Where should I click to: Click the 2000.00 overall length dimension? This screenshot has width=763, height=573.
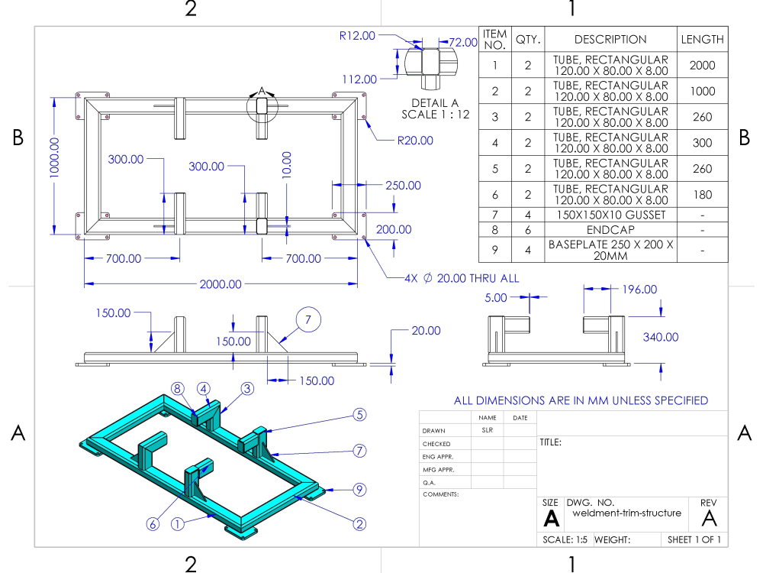[x=221, y=284]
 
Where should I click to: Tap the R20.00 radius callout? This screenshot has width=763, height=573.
[x=414, y=141]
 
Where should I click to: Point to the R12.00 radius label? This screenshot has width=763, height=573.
[x=358, y=35]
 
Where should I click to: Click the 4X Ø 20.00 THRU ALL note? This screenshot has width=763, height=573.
[x=462, y=278]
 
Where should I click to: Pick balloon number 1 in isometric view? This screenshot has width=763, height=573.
[x=177, y=524]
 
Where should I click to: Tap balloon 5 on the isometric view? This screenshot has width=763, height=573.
[x=359, y=415]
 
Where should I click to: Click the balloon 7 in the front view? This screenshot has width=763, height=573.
[x=309, y=321]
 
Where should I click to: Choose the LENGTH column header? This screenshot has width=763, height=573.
[x=703, y=39]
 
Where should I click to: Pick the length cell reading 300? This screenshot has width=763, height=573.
[x=703, y=143]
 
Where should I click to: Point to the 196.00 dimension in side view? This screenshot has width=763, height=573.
[x=639, y=289]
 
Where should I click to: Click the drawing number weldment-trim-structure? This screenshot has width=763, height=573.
[x=626, y=513]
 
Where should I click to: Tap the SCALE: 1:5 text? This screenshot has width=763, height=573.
[x=565, y=539]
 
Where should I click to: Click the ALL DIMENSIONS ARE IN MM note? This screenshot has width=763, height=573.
[x=581, y=400]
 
